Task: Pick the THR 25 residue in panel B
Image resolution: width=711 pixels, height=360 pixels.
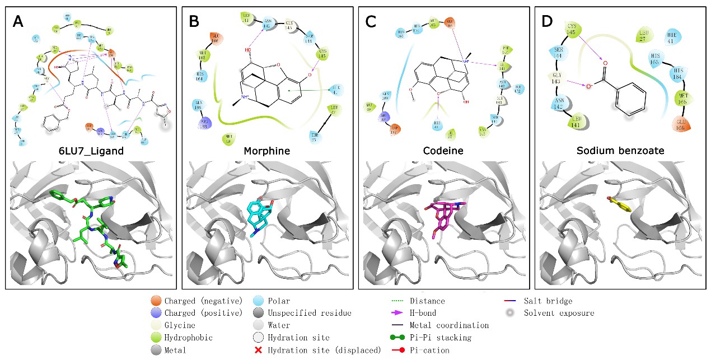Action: click(x=328, y=137)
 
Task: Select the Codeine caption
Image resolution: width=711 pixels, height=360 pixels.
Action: click(x=444, y=151)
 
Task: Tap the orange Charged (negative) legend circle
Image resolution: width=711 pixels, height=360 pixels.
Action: click(x=155, y=301)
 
